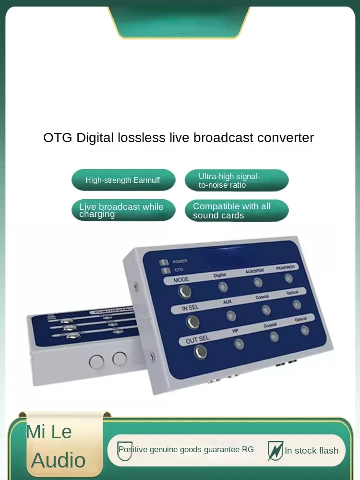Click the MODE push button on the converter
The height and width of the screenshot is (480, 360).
pyautogui.click(x=184, y=291)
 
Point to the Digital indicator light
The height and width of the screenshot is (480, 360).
pyautogui.click(x=223, y=287)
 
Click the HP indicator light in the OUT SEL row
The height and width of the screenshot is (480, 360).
pyautogui.click(x=239, y=344)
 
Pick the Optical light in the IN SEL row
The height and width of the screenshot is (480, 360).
pyautogui.click(x=297, y=304)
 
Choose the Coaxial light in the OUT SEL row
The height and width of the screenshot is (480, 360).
pyautogui.click(x=274, y=336)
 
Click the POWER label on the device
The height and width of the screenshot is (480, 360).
pyautogui.click(x=180, y=261)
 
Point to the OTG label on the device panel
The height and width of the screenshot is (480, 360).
pyautogui.click(x=179, y=270)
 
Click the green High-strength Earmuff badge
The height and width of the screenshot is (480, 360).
pyautogui.click(x=123, y=180)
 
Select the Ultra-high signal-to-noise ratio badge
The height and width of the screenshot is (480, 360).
pyautogui.click(x=237, y=180)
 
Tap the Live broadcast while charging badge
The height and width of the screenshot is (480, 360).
pyautogui.click(x=123, y=210)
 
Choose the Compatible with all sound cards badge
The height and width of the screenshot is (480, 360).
pyautogui.click(x=237, y=211)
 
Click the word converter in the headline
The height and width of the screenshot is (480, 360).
pyautogui.click(x=285, y=138)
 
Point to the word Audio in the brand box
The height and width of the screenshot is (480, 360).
pyautogui.click(x=58, y=460)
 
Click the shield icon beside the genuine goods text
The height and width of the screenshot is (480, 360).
pyautogui.click(x=125, y=450)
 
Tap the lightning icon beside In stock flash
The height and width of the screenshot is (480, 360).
pyautogui.click(x=276, y=450)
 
